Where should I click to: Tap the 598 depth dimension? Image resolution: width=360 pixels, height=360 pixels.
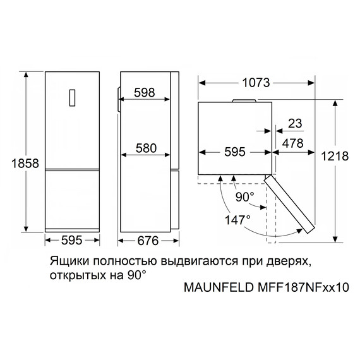click(x=145, y=93)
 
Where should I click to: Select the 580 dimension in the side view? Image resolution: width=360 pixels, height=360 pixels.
click(x=145, y=149)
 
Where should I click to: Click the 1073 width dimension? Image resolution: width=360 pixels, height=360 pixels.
click(x=256, y=82)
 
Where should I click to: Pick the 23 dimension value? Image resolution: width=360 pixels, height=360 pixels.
click(x=294, y=123)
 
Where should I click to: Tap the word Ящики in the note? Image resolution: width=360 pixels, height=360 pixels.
click(x=66, y=261)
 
